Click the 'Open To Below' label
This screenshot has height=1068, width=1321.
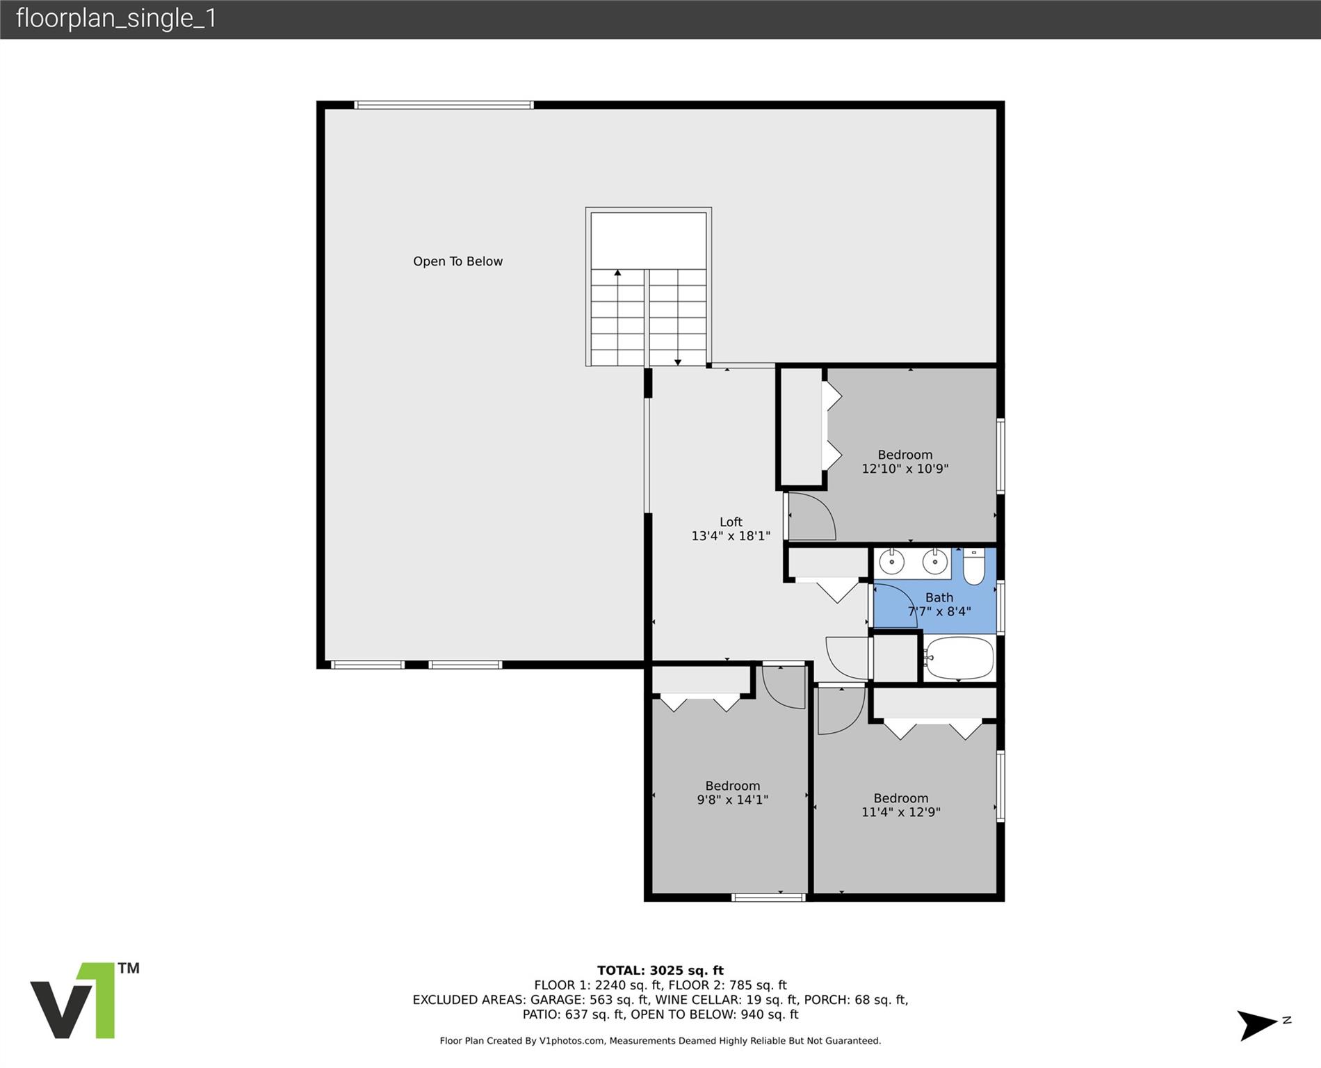click(x=457, y=261)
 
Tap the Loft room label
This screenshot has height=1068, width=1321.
click(x=731, y=521)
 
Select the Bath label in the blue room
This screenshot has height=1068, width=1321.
click(x=939, y=597)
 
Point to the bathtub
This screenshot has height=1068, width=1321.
click(x=959, y=658)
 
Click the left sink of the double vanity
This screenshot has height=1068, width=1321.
click(x=891, y=561)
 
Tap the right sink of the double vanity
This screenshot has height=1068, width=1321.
click(x=935, y=561)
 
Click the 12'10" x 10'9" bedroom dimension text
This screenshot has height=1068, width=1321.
click(x=905, y=469)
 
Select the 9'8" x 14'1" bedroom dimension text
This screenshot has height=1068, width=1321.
click(x=732, y=800)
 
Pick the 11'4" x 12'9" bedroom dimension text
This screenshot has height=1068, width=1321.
click(x=901, y=812)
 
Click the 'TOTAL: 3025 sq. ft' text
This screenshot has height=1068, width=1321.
click(x=660, y=971)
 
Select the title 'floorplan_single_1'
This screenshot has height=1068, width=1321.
click(x=116, y=18)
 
